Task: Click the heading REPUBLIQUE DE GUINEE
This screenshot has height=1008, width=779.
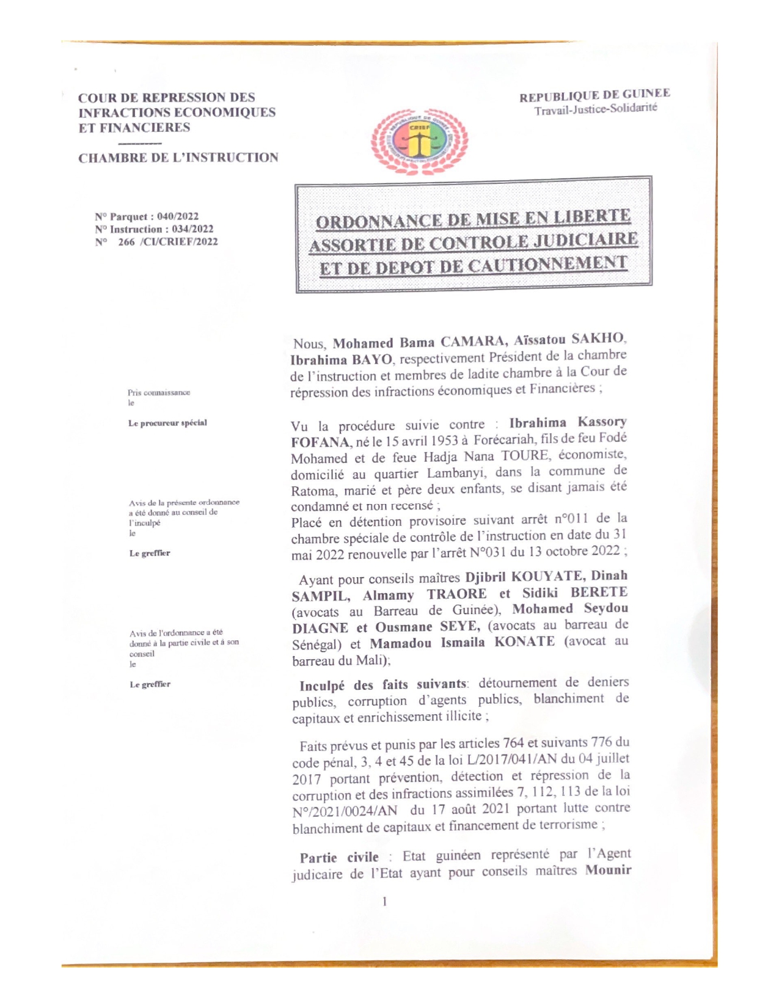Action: click(594, 95)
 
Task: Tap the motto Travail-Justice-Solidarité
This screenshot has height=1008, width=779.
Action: click(596, 109)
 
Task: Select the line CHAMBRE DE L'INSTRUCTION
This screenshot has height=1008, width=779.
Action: click(178, 158)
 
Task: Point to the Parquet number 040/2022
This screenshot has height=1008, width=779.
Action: click(178, 216)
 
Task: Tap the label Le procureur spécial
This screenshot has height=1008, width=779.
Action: click(167, 423)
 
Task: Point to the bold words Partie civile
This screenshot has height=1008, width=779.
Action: click(339, 857)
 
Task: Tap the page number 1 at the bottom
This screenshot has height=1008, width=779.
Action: click(384, 901)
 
